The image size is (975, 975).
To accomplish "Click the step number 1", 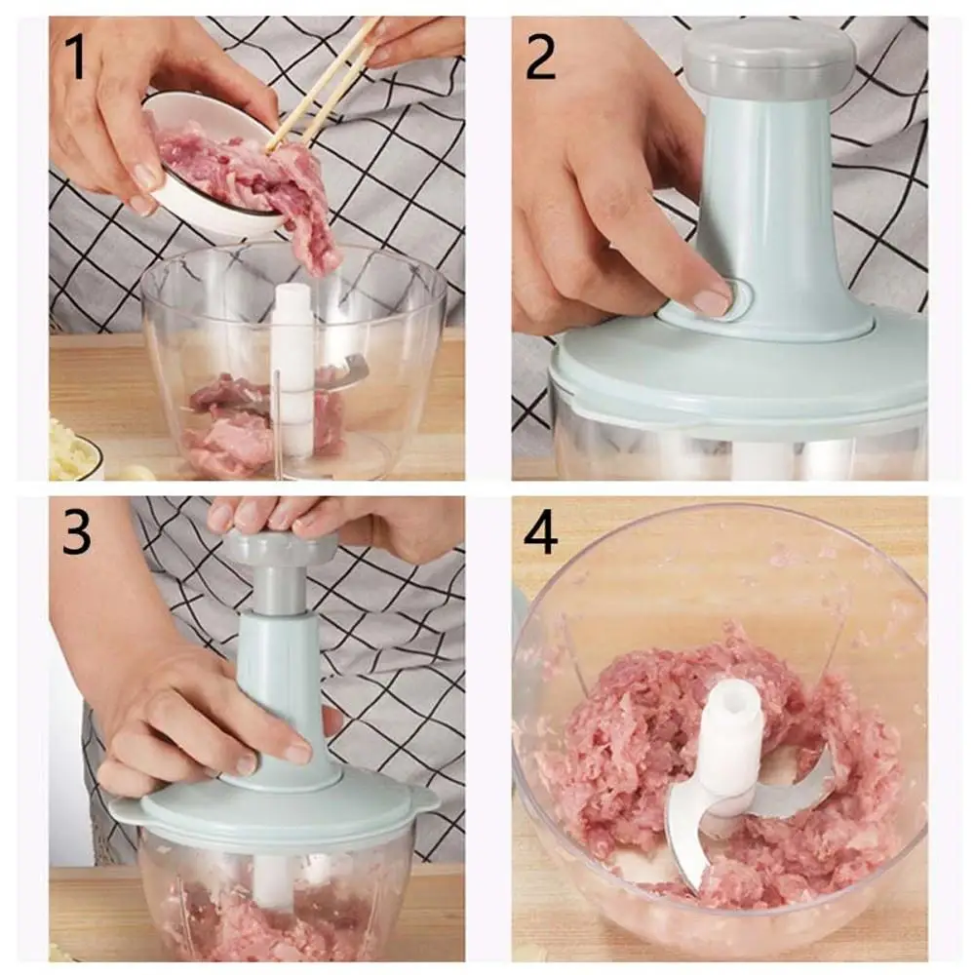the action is click(x=75, y=57).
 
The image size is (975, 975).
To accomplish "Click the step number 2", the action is click(x=540, y=57).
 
